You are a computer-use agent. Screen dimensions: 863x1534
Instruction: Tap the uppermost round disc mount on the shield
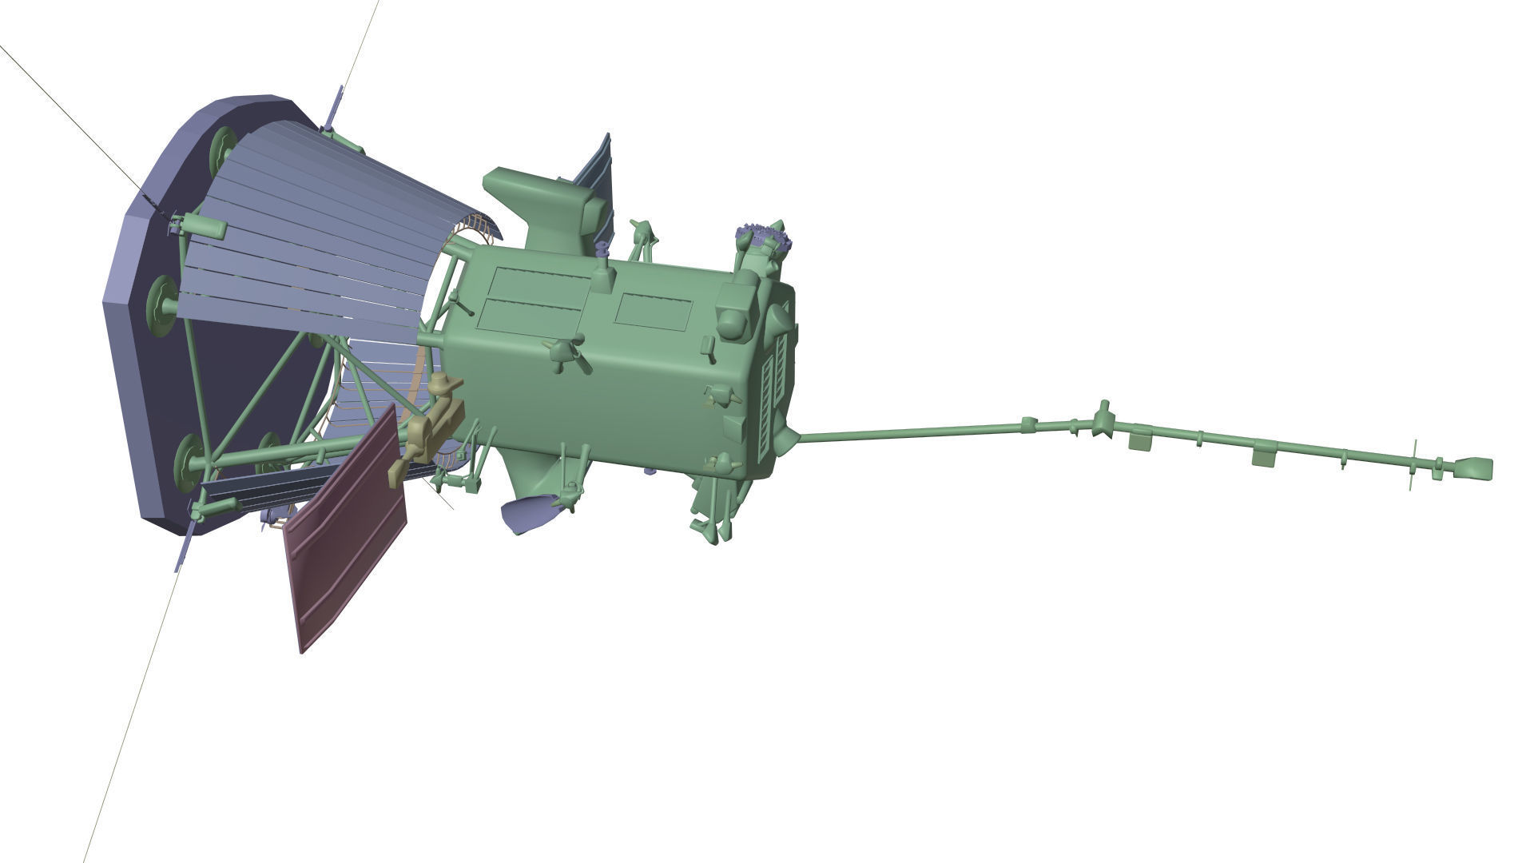tap(221, 152)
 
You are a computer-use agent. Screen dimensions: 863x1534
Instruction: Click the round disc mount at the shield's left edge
tap(162, 304)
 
